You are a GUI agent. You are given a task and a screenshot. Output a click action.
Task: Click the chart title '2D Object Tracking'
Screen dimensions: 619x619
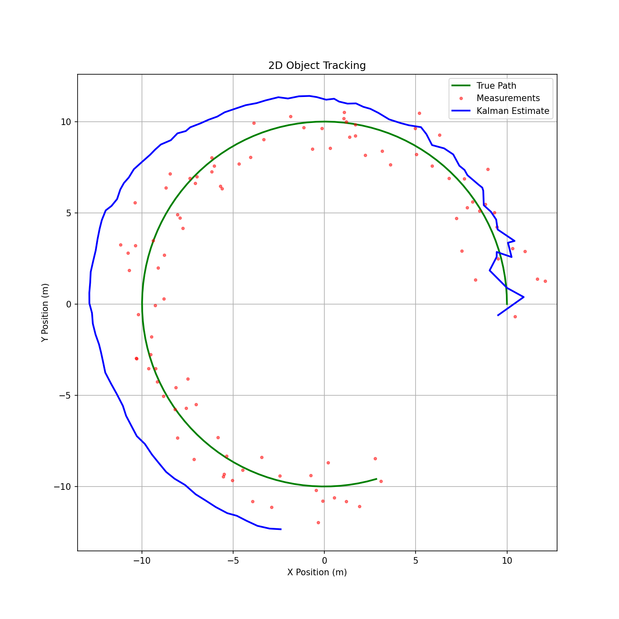click(317, 66)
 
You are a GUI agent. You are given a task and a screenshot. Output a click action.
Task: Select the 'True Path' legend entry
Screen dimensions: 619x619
click(496, 86)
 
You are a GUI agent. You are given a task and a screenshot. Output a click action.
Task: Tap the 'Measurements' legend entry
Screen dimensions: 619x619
click(508, 98)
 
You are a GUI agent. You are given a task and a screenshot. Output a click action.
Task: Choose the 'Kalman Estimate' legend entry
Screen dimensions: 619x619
click(513, 111)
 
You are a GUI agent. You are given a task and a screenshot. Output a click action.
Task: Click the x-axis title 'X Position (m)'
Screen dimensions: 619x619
click(317, 572)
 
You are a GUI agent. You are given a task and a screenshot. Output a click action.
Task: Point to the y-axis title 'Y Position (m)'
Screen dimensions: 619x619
click(45, 312)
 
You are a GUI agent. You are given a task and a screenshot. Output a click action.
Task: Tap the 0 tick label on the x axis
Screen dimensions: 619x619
click(324, 560)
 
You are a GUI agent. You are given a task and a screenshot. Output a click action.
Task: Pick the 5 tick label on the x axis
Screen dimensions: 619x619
click(416, 560)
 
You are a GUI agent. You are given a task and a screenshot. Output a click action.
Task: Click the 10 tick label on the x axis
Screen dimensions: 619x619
click(507, 560)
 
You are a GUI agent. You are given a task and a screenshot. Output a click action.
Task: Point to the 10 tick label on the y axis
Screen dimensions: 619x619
click(66, 122)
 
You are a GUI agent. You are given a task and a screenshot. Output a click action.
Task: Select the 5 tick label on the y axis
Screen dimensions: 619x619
click(69, 213)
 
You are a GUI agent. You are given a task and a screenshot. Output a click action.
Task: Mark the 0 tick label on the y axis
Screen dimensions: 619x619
click(69, 304)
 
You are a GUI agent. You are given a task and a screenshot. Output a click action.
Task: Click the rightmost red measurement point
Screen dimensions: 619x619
click(545, 281)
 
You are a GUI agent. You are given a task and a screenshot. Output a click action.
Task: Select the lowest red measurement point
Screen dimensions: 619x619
click(318, 522)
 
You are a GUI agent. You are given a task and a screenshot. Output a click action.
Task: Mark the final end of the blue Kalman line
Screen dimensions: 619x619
click(281, 529)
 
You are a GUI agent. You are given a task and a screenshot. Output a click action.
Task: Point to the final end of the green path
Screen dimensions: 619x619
click(376, 479)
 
